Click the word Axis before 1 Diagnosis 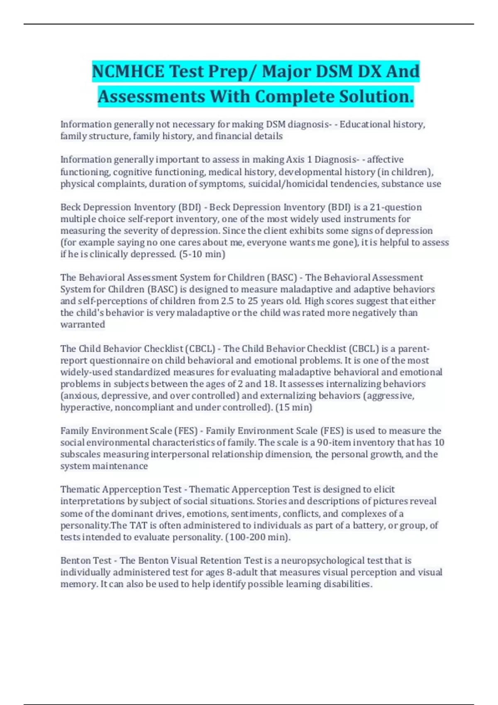pyautogui.click(x=295, y=160)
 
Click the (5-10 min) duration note pyautogui.click(x=202, y=254)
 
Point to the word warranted pyautogui.click(x=83, y=324)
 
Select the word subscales pyautogui.click(x=80, y=454)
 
